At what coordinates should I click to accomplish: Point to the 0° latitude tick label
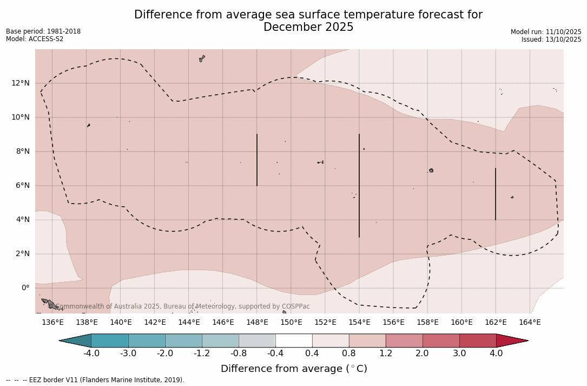(25, 287)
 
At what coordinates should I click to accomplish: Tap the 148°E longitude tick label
(257, 323)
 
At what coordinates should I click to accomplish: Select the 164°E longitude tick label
(530, 323)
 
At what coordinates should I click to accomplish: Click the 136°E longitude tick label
(52, 323)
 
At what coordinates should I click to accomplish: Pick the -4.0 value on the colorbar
(91, 354)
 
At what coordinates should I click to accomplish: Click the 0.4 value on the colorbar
(312, 354)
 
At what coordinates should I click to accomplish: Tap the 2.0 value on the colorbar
(423, 354)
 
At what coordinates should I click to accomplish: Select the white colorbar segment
(294, 341)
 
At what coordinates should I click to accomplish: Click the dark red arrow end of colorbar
(511, 341)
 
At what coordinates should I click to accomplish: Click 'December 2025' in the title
(308, 27)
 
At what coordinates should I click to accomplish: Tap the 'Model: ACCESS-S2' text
(35, 39)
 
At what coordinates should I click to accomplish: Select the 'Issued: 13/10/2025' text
(551, 40)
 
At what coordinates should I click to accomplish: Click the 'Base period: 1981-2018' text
(43, 31)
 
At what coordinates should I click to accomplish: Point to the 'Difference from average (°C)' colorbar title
(294, 369)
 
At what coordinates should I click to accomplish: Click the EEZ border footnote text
(95, 380)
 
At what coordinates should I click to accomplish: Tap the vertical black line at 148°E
(257, 160)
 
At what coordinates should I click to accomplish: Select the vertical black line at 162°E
(496, 194)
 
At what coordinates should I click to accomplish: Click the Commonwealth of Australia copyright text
(183, 306)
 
